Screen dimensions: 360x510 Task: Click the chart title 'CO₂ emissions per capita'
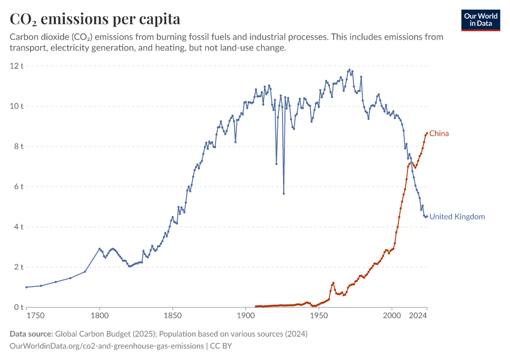point(95,19)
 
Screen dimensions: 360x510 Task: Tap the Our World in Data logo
point(481,20)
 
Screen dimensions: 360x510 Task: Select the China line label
point(439,134)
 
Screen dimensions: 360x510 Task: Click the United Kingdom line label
point(457,217)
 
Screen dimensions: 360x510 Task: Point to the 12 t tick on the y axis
point(16,65)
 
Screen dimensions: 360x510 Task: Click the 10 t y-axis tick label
point(16,106)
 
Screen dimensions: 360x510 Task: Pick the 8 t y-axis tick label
point(18,146)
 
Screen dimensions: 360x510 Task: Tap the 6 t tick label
point(18,187)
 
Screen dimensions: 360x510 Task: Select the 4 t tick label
point(18,227)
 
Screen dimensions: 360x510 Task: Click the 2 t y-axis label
point(18,267)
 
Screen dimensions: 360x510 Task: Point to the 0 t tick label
point(18,307)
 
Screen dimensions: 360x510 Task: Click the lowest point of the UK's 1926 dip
point(283,194)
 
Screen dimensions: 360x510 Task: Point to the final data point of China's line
point(427,133)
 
